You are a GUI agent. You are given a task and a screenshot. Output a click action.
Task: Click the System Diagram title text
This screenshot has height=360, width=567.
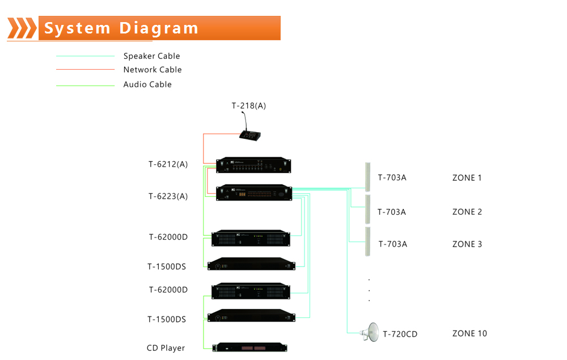(x=121, y=28)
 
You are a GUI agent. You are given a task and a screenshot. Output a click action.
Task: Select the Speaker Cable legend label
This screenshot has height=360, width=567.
(x=151, y=56)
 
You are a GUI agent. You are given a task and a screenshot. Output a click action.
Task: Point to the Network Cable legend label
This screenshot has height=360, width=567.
(x=153, y=70)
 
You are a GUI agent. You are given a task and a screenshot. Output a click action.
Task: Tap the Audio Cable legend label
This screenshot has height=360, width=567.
(x=147, y=84)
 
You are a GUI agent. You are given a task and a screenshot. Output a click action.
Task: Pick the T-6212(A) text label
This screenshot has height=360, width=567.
(x=168, y=164)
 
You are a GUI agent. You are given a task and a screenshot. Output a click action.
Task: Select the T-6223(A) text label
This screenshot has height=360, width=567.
(x=168, y=196)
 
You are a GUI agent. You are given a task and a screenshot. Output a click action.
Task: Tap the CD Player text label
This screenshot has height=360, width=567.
(x=166, y=348)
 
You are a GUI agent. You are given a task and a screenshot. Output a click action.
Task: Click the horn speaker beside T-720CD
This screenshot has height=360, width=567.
(x=370, y=333)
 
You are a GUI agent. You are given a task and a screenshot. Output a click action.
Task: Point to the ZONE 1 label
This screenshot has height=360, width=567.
(x=467, y=178)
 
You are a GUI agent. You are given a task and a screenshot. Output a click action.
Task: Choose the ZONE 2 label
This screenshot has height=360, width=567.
(x=467, y=212)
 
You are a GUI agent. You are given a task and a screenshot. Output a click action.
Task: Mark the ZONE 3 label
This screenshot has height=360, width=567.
(x=467, y=244)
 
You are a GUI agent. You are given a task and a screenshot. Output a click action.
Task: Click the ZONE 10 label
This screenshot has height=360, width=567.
(x=469, y=333)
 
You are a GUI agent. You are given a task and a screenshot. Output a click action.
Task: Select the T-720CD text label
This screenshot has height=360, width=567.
(x=400, y=334)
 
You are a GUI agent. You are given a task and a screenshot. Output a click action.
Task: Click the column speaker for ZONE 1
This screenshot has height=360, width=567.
(x=367, y=176)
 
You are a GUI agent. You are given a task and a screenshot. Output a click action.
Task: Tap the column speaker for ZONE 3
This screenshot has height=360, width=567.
(x=367, y=242)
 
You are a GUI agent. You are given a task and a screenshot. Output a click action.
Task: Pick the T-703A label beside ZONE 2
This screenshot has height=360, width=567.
(x=392, y=212)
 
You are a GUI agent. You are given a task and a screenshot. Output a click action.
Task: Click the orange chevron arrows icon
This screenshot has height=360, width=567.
(x=22, y=28)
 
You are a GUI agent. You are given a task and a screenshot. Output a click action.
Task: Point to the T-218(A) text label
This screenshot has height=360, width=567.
(x=248, y=106)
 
